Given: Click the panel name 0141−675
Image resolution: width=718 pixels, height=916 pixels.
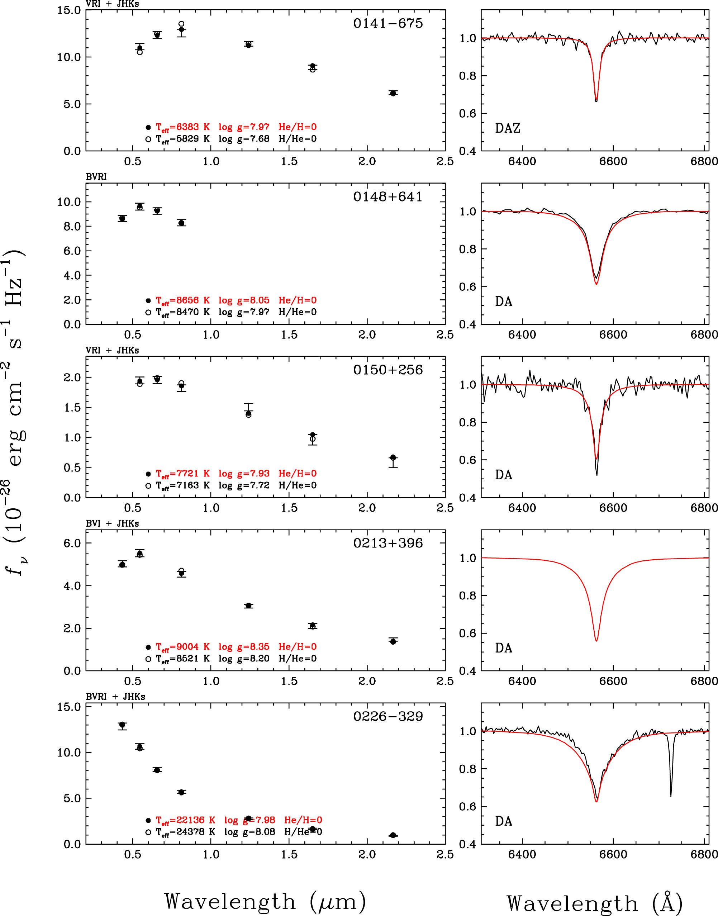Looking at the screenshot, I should tap(387, 23).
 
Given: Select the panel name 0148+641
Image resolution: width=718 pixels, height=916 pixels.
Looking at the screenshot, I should tap(387, 196).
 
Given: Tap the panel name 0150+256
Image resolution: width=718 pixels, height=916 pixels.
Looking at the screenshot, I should tap(387, 370).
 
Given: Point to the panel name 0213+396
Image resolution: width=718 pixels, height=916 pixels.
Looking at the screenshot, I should tap(387, 543).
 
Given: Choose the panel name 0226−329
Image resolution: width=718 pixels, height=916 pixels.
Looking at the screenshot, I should tap(387, 716).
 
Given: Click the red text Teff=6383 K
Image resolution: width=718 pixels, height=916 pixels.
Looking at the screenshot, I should tap(182, 127).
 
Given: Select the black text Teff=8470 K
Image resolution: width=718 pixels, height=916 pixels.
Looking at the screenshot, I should tap(182, 312).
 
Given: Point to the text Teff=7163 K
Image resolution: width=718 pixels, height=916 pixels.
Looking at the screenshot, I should tap(182, 485).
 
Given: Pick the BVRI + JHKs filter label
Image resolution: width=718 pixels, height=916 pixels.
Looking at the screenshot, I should tap(115, 697).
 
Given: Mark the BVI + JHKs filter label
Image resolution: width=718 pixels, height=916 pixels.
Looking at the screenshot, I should tap(112, 523).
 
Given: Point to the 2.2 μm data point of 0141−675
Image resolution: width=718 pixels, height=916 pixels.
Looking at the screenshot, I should tap(393, 93).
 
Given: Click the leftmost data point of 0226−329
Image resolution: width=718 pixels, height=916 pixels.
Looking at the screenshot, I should tap(122, 725).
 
